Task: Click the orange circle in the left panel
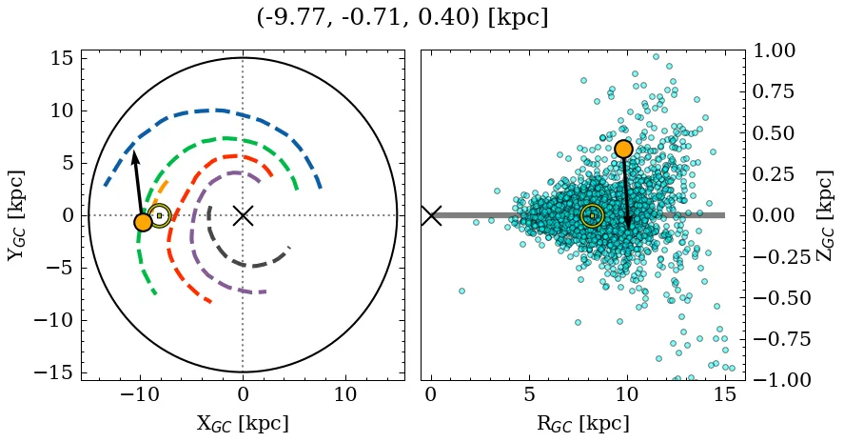(x=143, y=222)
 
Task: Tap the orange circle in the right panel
(x=623, y=149)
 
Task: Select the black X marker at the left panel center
(x=243, y=215)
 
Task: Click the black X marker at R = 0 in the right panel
(x=431, y=215)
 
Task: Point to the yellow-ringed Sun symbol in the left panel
(x=160, y=215)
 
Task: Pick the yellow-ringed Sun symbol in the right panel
(x=592, y=215)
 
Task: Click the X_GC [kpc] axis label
(x=243, y=424)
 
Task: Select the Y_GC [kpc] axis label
(x=17, y=215)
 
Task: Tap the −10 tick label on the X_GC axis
(x=140, y=394)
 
